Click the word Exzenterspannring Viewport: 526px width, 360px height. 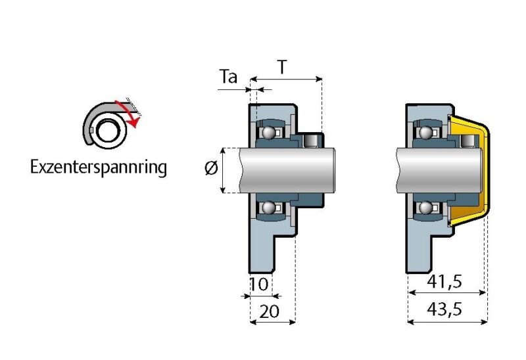99,168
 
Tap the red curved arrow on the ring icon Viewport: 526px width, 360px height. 130,112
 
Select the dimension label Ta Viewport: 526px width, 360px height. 228,78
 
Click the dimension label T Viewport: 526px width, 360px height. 282,68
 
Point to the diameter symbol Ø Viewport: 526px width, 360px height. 211,169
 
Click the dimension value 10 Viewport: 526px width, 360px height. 260,284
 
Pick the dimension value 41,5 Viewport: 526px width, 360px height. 445,282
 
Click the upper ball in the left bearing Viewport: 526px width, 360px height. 268,133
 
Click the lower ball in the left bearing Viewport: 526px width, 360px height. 268,208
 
